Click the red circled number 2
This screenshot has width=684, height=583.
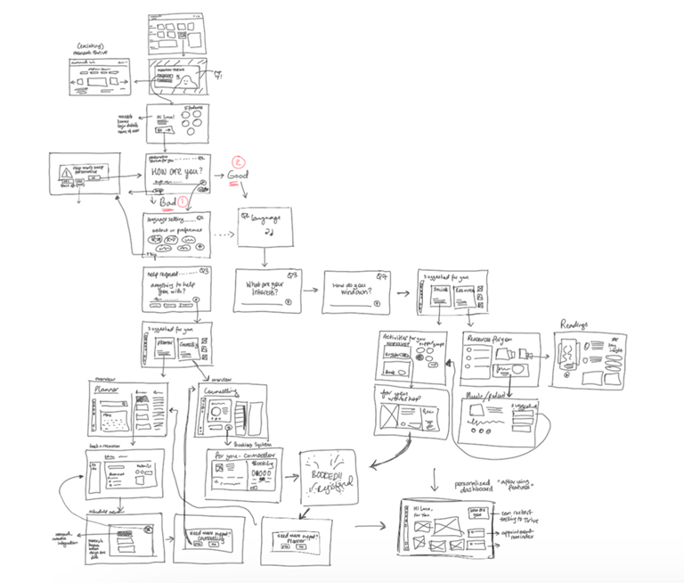tap(238, 161)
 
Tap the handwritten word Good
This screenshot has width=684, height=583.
tap(238, 177)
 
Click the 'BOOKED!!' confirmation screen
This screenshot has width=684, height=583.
tap(330, 472)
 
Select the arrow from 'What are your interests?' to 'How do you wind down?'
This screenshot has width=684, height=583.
tap(311, 290)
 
